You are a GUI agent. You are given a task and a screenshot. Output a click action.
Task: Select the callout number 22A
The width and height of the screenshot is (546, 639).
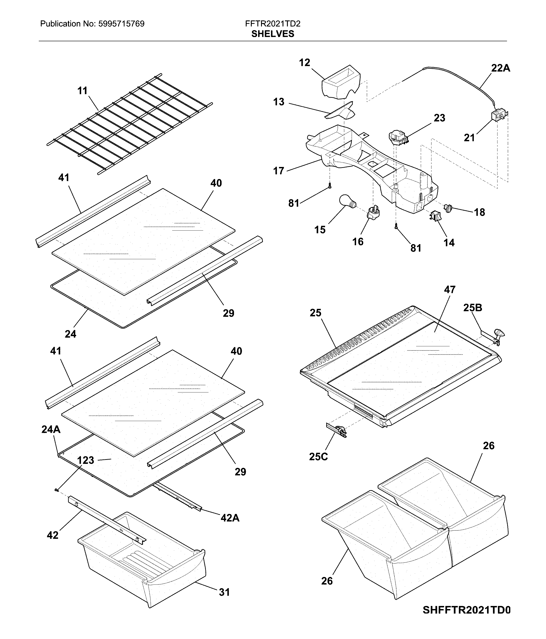500,68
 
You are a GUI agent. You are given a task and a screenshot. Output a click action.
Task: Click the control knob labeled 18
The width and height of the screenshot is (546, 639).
449,208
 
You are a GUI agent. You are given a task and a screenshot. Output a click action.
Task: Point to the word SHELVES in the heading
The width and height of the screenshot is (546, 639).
273,34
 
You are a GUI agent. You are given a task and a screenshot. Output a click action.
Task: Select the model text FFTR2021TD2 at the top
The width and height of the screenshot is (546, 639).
273,24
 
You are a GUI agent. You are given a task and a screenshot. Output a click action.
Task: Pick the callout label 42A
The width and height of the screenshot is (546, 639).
230,518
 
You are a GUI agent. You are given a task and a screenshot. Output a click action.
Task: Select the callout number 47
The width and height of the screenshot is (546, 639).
450,290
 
